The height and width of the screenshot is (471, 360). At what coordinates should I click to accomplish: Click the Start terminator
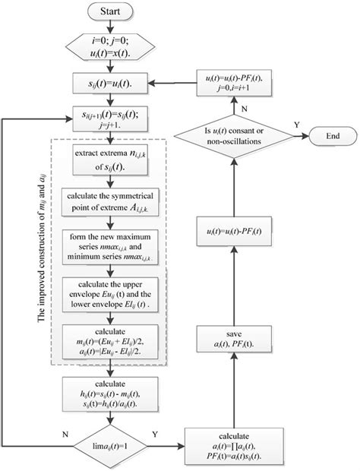click(x=111, y=13)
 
